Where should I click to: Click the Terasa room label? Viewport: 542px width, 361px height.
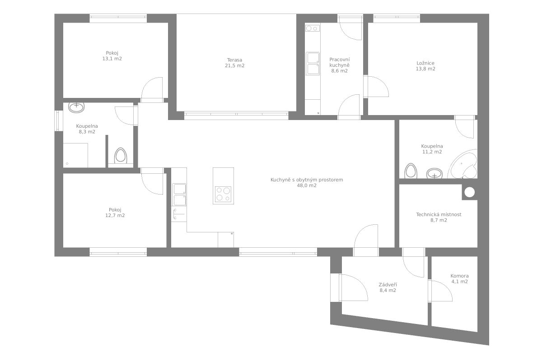tap(234, 60)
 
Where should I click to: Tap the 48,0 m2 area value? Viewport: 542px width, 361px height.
tap(307, 185)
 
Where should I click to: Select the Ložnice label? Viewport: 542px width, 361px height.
tap(425, 63)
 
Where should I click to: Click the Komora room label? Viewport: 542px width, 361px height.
tap(459, 276)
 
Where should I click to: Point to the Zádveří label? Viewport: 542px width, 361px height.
tap(388, 285)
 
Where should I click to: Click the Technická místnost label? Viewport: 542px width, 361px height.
tap(439, 214)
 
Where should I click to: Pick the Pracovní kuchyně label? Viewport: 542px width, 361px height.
tap(340, 62)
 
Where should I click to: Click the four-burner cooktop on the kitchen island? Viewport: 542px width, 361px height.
tap(223, 194)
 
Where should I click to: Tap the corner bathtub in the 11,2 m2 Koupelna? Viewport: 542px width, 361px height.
tap(463, 164)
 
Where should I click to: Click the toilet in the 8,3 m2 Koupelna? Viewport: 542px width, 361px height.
tap(121, 156)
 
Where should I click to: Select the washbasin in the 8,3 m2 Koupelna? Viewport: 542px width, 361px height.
tap(76, 107)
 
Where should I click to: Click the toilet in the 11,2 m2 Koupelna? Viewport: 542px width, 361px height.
tap(411, 171)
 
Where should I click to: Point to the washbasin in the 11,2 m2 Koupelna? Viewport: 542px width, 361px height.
tap(435, 173)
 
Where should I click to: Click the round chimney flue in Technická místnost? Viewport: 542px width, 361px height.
tap(469, 192)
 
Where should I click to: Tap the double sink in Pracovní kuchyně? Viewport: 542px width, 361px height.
tap(313, 63)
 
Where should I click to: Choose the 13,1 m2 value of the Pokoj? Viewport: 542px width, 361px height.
tap(112, 59)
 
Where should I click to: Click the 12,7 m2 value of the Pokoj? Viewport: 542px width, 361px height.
tap(115, 215)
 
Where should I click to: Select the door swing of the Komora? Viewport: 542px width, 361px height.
tap(442, 291)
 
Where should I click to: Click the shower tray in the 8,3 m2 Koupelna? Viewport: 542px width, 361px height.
tap(75, 155)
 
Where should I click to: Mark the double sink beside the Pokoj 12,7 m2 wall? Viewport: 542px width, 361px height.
tap(179, 194)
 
